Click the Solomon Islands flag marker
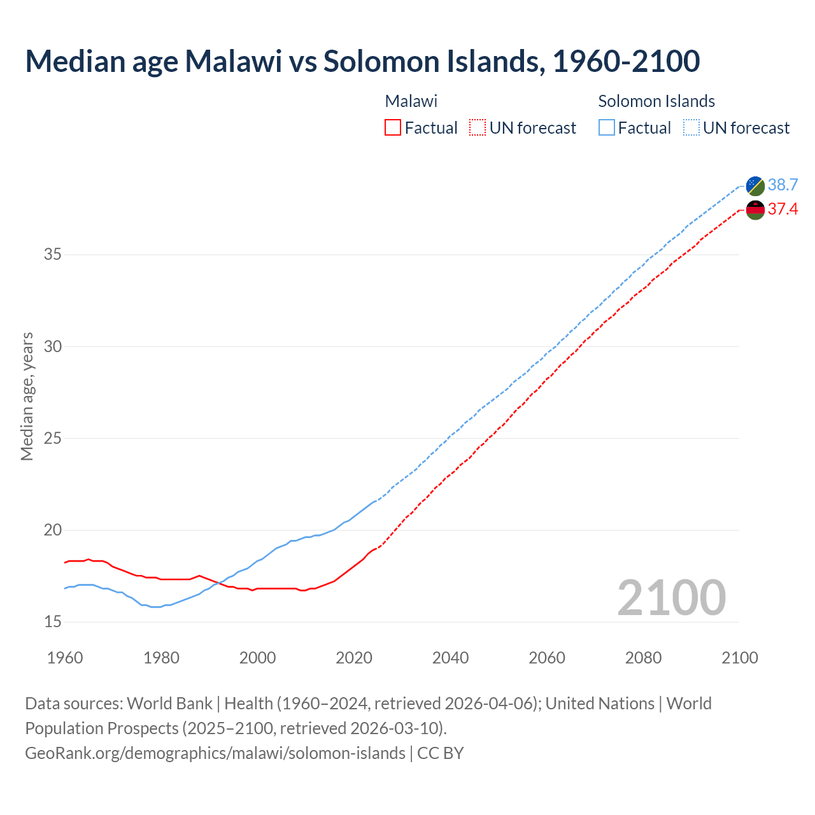[755, 185]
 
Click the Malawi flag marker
[755, 209]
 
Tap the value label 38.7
[783, 185]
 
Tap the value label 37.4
[783, 209]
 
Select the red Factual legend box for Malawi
[393, 128]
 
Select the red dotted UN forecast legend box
[478, 128]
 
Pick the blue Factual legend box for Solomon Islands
[607, 128]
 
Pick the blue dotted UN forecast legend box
[691, 128]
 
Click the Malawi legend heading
[411, 101]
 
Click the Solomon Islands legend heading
[656, 101]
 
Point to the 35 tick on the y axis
[53, 255]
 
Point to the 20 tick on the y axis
[53, 530]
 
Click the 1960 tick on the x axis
[65, 658]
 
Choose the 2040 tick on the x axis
[450, 658]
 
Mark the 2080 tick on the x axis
[643, 658]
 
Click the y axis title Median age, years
[27, 396]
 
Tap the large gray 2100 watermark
[671, 598]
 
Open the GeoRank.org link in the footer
[215, 753]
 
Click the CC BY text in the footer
[441, 753]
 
